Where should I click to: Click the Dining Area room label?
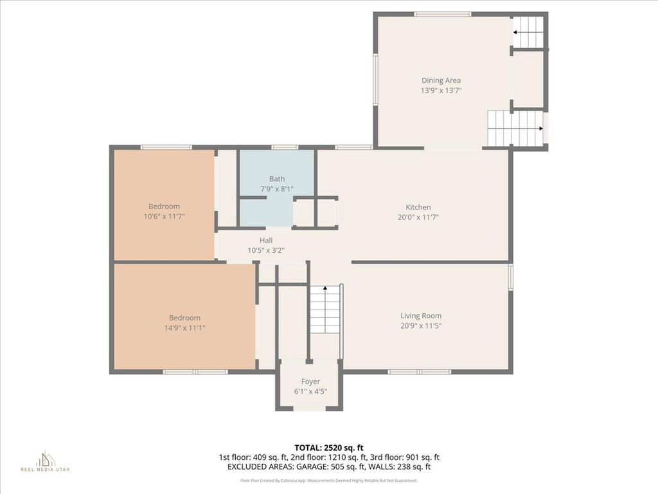pos(441,80)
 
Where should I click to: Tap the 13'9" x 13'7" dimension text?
pos(441,91)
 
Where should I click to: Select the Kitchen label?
pos(418,207)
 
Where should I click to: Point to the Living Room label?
pos(421,316)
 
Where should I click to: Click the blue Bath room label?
pos(277,179)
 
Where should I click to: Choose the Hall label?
pos(266,241)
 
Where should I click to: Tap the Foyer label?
pos(310,381)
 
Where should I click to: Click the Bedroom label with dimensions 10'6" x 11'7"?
pos(164,206)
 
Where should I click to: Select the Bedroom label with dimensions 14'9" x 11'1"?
pos(184,318)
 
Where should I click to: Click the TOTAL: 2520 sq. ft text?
pos(328,447)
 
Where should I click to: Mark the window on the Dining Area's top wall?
pos(442,14)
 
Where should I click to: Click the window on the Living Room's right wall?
pos(511,277)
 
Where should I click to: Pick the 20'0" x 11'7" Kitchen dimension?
pos(418,217)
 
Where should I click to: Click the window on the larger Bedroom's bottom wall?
pos(195,371)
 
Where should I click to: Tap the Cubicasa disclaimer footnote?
pos(328,480)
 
